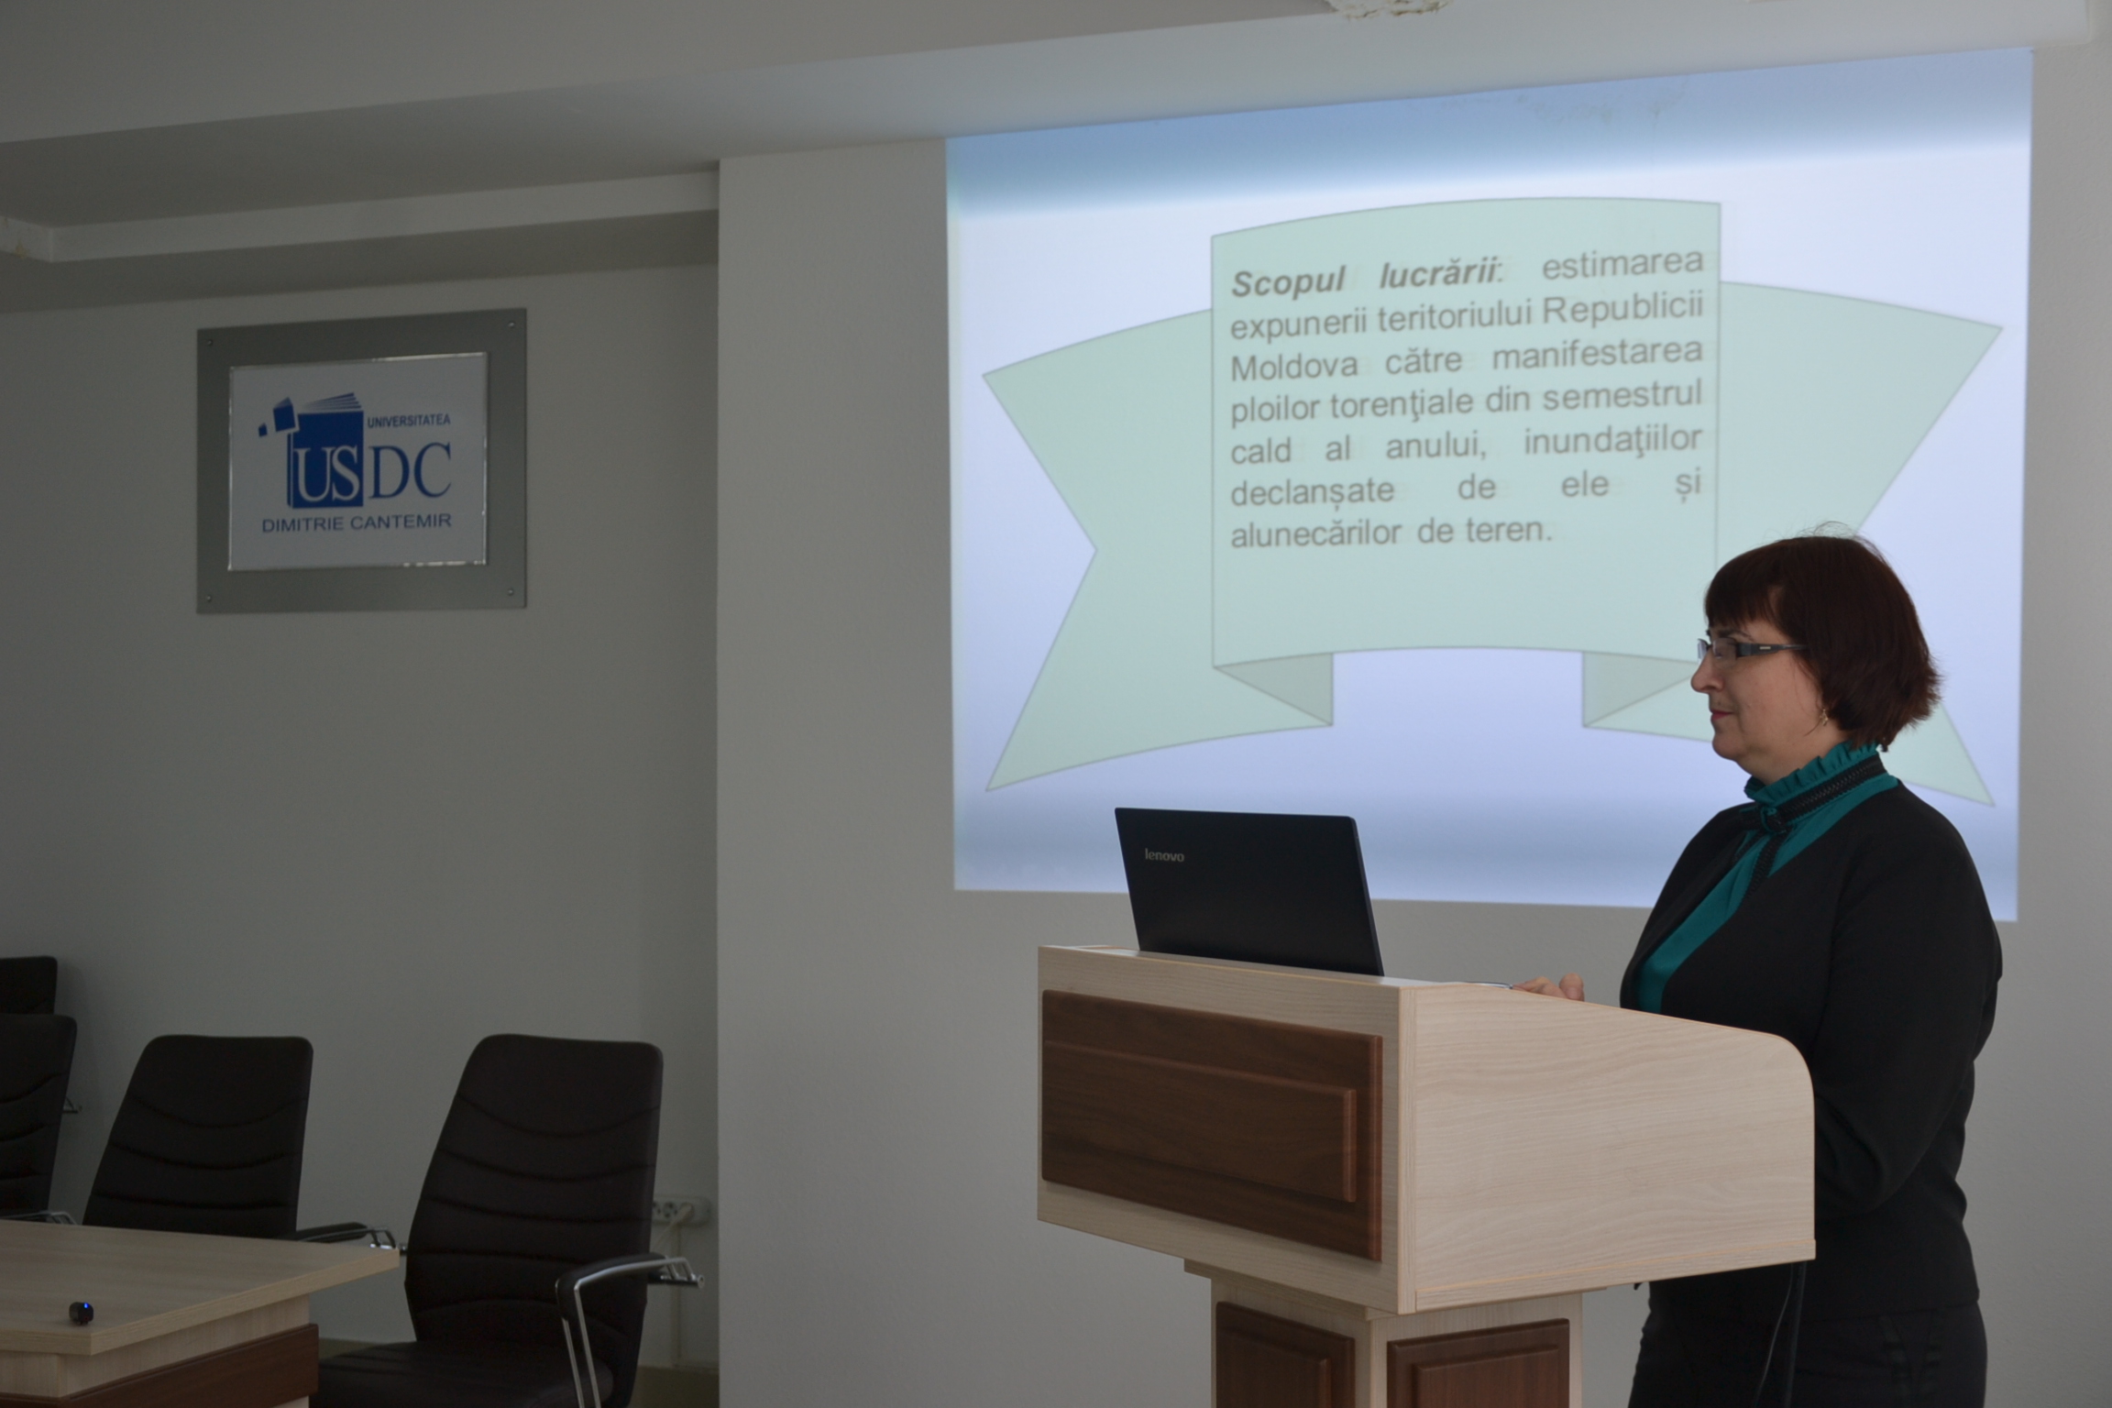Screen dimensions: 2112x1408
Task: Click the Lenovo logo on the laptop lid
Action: pyautogui.click(x=1164, y=855)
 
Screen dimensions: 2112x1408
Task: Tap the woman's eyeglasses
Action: pyautogui.click(x=1746, y=650)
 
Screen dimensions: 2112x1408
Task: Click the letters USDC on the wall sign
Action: pyautogui.click(x=367, y=477)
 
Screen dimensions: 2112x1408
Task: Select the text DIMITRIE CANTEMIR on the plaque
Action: pyautogui.click(x=357, y=522)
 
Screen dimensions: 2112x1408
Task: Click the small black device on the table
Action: pyautogui.click(x=81, y=1312)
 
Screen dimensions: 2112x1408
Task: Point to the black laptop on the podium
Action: pyautogui.click(x=1248, y=888)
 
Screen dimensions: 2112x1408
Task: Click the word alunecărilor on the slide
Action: pyautogui.click(x=1314, y=534)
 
